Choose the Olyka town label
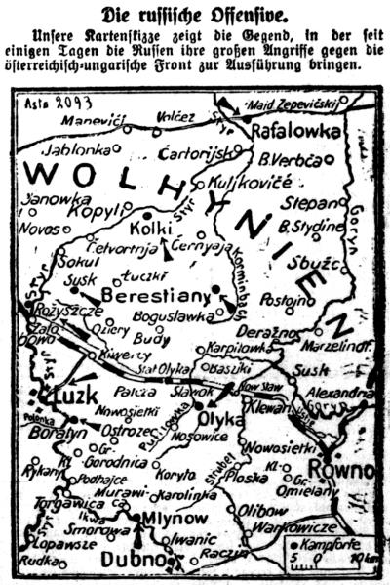[x=220, y=419]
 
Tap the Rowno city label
[x=351, y=472]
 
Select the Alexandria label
[x=336, y=393]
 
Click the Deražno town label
[x=259, y=332]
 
